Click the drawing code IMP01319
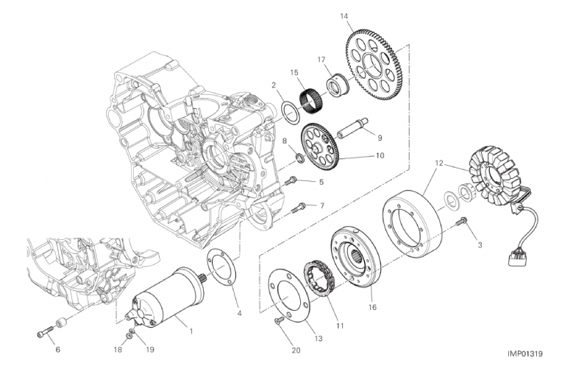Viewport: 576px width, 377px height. pyautogui.click(x=525, y=354)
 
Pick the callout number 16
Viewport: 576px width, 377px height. pyautogui.click(x=371, y=307)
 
